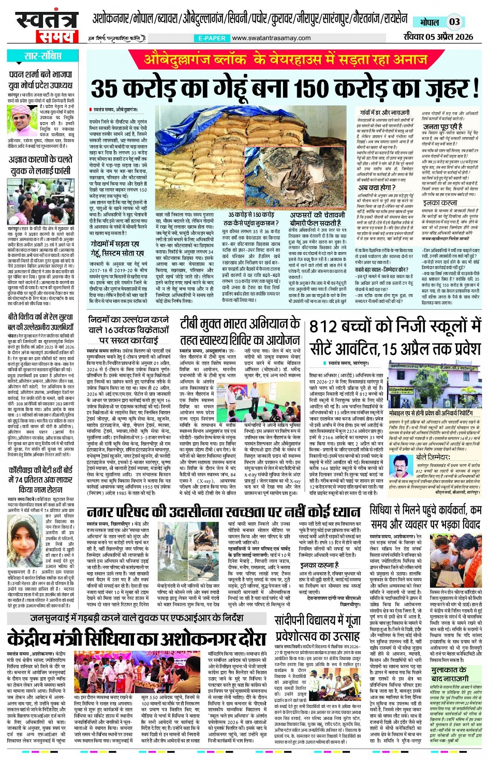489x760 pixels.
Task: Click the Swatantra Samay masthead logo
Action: click(45, 26)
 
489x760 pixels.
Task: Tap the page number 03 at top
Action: click(454, 22)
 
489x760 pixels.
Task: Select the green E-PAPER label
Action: click(212, 38)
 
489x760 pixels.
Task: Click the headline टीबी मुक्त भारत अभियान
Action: click(240, 324)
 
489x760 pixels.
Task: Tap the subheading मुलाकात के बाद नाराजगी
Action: click(448, 674)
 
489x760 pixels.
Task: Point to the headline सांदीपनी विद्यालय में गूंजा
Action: click(317, 621)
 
